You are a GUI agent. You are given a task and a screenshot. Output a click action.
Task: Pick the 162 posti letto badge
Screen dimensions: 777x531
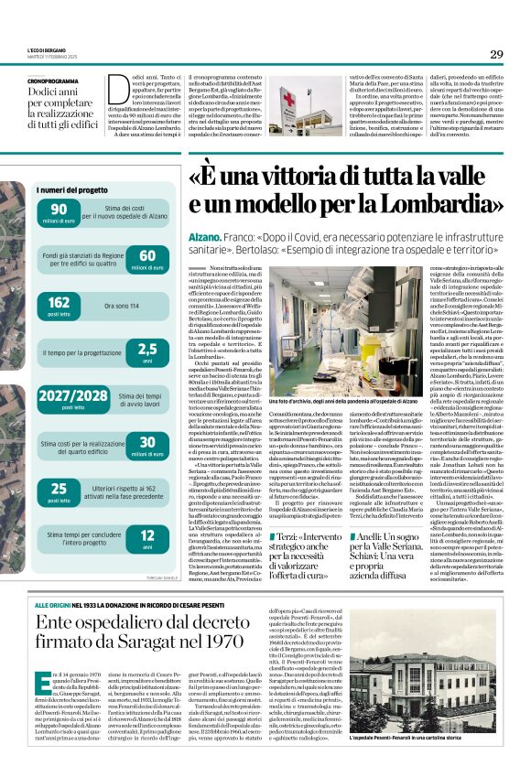click(60, 304)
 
